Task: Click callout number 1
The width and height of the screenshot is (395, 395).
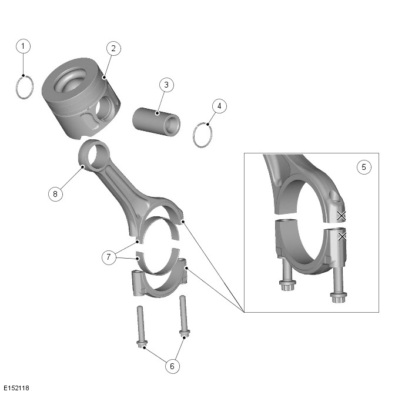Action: coord(23,46)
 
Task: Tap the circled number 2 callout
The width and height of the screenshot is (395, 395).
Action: coord(113,48)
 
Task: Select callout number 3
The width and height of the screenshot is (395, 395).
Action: coord(166,85)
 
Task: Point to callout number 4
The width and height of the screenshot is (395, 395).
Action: coord(219,106)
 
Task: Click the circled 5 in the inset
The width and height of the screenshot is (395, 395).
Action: coord(364,167)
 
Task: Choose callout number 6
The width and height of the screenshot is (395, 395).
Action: coord(172,366)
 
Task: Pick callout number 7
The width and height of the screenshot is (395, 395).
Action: coord(109,257)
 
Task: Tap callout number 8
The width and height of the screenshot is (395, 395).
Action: coord(55,194)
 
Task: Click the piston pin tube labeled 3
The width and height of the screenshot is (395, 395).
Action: coord(156,122)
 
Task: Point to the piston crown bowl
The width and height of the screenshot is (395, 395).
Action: coord(69,80)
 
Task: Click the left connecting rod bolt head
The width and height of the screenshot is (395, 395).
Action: coord(142,344)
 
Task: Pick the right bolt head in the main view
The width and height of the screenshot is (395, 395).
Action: coord(185,334)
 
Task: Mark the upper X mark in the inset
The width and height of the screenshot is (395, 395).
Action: coord(342,216)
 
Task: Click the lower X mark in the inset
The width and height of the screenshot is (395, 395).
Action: coord(342,236)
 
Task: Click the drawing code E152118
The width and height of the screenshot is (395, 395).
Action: coord(16,388)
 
